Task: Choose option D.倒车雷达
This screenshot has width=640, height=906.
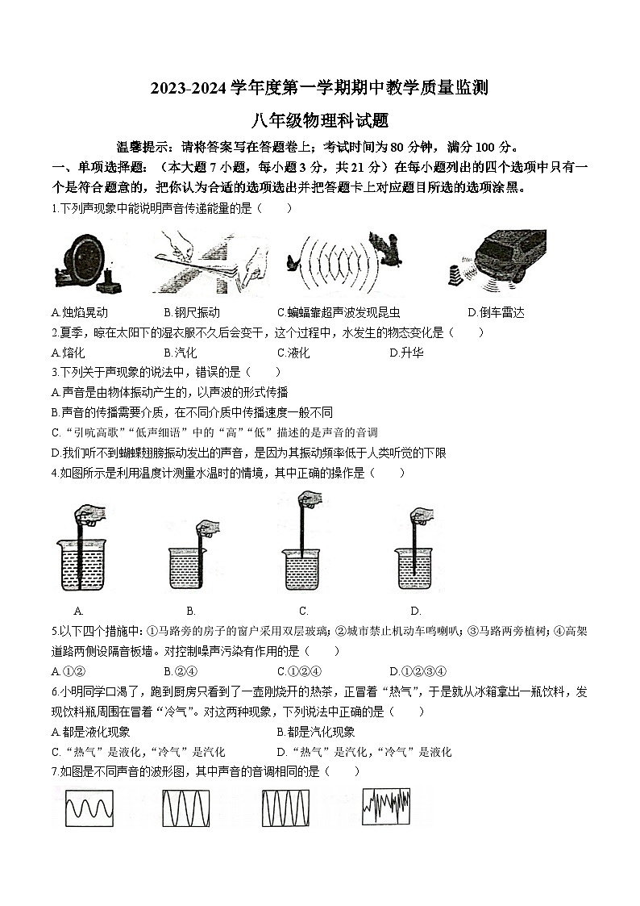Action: coord(496,312)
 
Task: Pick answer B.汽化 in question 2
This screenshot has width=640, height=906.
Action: coord(180,353)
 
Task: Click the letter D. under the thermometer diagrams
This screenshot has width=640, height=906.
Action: coord(416,611)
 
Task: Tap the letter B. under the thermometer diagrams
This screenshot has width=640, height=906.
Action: coord(191,611)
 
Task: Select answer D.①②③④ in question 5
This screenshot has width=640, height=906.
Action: coord(418,671)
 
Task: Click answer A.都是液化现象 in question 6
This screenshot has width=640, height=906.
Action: coord(89,732)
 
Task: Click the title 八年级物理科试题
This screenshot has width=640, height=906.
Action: coord(320,120)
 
